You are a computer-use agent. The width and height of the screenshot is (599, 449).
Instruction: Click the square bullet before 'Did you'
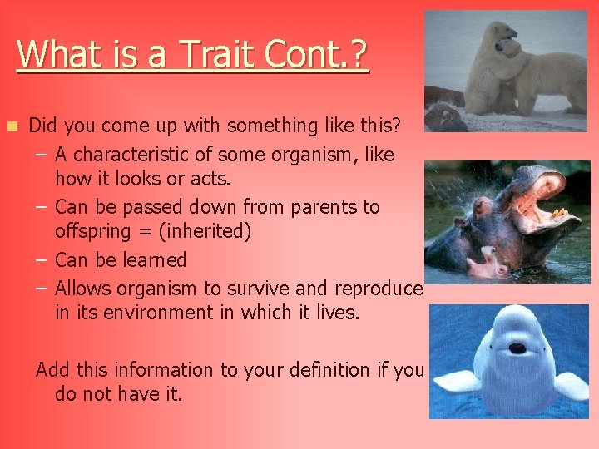point(12,126)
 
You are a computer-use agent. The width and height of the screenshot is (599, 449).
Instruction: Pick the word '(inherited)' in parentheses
point(205,232)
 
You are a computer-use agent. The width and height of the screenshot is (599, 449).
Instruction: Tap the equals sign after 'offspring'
point(145,232)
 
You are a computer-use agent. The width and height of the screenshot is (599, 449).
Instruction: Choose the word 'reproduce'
point(379,289)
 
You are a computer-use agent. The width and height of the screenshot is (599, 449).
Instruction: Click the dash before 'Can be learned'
point(41,260)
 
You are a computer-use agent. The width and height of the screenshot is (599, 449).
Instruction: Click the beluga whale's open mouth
point(517,348)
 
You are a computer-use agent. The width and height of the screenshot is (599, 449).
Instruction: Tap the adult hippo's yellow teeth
point(559,213)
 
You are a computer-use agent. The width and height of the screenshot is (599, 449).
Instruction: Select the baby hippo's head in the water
point(487,264)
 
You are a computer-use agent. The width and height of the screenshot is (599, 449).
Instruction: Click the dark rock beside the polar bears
point(444,117)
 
